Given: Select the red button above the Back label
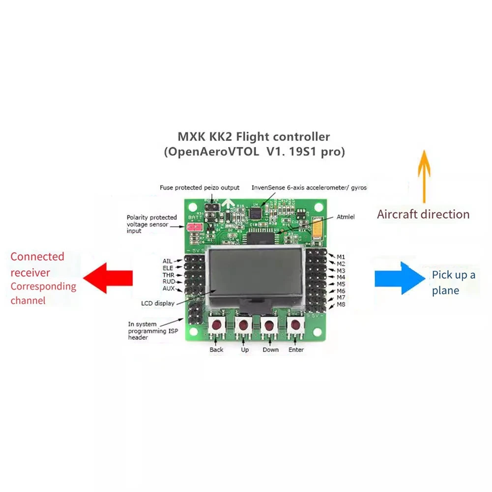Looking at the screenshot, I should (x=216, y=325).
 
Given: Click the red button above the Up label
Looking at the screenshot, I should (x=243, y=325).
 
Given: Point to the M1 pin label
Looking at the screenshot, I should (x=341, y=257).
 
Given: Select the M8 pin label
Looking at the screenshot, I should (x=341, y=305).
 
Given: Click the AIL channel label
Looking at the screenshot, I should (x=168, y=261).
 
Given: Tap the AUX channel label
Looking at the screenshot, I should (x=169, y=289).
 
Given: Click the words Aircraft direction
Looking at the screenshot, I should (x=423, y=214).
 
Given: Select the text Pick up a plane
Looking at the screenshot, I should (x=453, y=283).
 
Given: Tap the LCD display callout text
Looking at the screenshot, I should (x=157, y=303).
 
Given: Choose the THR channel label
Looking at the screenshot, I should (x=169, y=275).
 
